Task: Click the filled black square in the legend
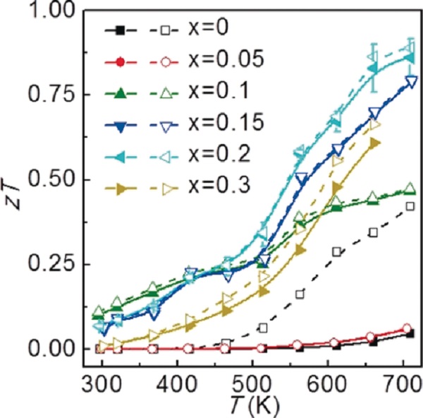click(x=120, y=31)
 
